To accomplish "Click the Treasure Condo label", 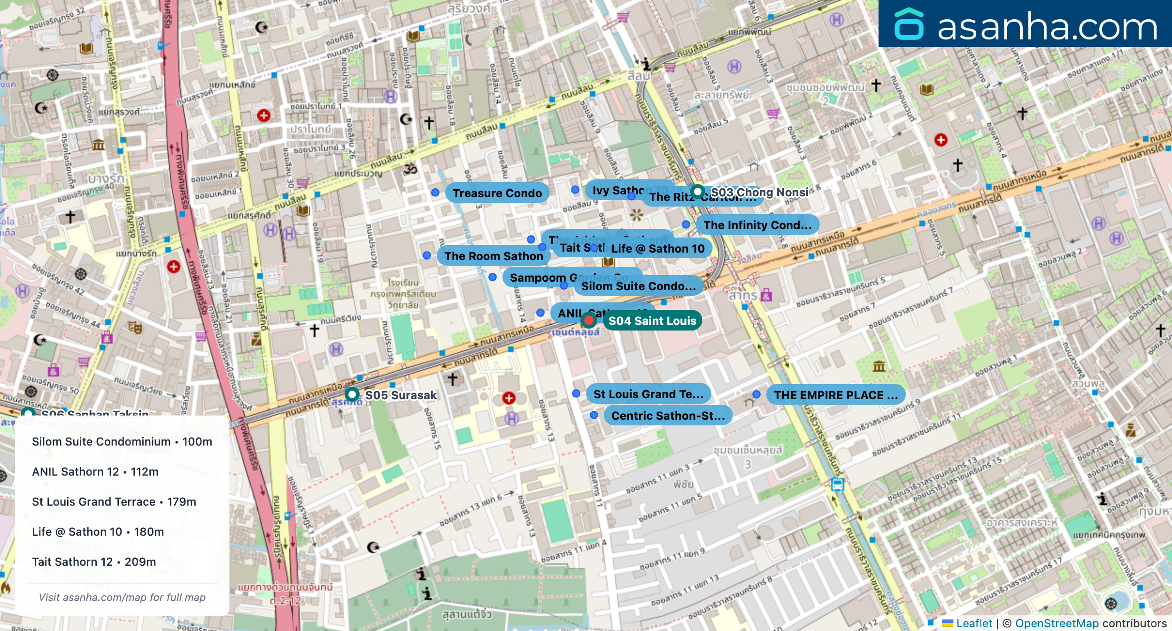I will pyautogui.click(x=497, y=193).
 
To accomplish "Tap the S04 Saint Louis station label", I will pyautogui.click(x=652, y=321).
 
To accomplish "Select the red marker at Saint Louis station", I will pyautogui.click(x=588, y=320).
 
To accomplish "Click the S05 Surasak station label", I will pyautogui.click(x=401, y=395).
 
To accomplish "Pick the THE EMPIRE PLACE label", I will pyautogui.click(x=835, y=395).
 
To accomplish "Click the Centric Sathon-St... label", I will pyautogui.click(x=668, y=416).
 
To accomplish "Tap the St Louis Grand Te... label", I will pyautogui.click(x=648, y=394).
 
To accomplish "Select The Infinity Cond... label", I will pyautogui.click(x=757, y=225).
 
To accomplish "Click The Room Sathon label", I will pyautogui.click(x=493, y=256).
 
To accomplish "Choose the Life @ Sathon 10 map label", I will pyautogui.click(x=657, y=248).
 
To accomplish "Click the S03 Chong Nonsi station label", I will pyautogui.click(x=759, y=192).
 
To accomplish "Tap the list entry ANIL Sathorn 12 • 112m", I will pyautogui.click(x=95, y=471).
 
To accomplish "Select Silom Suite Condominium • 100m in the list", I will pyautogui.click(x=122, y=441).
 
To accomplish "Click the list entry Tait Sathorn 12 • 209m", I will pyautogui.click(x=94, y=562).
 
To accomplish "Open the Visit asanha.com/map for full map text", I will pyautogui.click(x=122, y=597).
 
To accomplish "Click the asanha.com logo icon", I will pyautogui.click(x=909, y=24).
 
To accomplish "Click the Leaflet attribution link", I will pyautogui.click(x=974, y=623).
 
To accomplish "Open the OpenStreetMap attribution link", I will pyautogui.click(x=1056, y=623).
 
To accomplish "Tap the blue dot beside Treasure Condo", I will pyautogui.click(x=435, y=192).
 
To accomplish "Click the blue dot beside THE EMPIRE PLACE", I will pyautogui.click(x=756, y=394).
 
